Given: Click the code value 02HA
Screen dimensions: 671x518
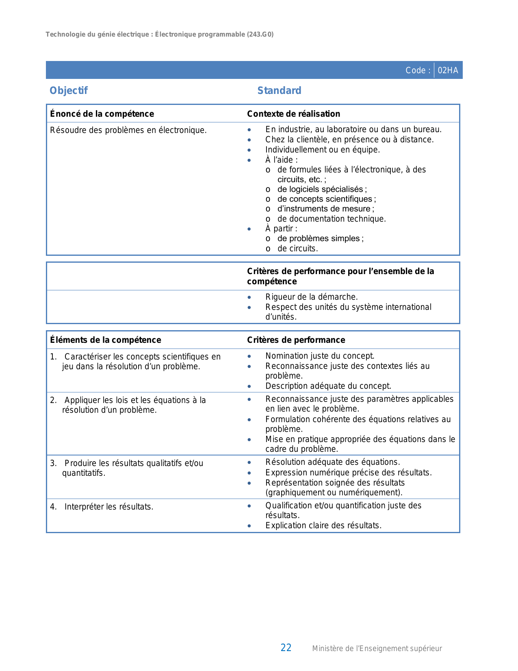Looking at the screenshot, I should (448, 70).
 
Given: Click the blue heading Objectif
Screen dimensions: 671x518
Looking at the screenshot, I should (69, 91).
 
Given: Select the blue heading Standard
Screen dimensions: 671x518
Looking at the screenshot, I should (279, 91).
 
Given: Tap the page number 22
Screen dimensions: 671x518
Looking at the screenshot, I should (286, 648).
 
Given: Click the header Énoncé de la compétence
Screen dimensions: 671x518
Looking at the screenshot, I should (102, 114).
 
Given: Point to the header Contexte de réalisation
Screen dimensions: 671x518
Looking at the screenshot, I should (293, 114).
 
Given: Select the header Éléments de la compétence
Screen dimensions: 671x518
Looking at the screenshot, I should (106, 340).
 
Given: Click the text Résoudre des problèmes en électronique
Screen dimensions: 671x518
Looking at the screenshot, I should (128, 130).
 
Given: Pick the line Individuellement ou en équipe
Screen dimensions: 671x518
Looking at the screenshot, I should (323, 150).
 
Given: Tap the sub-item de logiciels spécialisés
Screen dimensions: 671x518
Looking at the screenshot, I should (322, 189).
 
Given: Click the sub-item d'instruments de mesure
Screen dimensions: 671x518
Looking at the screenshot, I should (325, 209).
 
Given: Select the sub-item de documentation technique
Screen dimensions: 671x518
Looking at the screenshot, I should (332, 219).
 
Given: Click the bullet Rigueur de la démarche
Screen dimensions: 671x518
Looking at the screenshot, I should (312, 297).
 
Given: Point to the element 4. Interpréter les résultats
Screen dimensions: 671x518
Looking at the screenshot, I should (108, 507).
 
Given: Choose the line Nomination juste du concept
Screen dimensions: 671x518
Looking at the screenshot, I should (320, 356).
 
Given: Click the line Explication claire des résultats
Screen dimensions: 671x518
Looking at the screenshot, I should (323, 525).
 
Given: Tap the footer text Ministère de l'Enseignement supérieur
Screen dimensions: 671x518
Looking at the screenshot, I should (377, 649).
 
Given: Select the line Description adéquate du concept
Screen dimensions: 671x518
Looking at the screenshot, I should (328, 386).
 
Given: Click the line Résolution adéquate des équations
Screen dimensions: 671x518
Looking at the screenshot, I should (332, 462).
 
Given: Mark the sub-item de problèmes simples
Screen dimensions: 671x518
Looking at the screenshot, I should (320, 238).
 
